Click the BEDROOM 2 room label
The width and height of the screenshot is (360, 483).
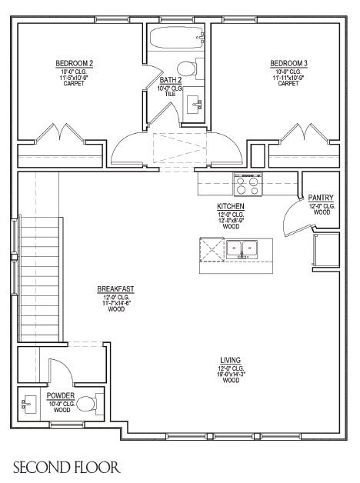click(x=74, y=64)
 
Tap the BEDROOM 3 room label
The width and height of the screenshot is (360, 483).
click(x=288, y=64)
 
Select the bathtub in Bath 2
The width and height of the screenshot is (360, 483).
click(x=177, y=37)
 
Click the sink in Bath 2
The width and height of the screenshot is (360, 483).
click(x=194, y=105)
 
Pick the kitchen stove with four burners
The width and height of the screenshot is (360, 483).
click(x=248, y=185)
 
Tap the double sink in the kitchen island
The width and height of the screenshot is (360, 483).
click(x=242, y=249)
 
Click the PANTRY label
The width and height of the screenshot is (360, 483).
click(x=321, y=198)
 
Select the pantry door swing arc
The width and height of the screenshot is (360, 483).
click(x=288, y=212)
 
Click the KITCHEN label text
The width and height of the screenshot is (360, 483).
click(x=231, y=206)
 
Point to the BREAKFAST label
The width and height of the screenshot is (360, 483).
click(x=115, y=289)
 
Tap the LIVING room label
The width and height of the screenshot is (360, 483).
click(x=230, y=360)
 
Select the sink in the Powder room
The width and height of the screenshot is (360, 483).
click(x=28, y=404)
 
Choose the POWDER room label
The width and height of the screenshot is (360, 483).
click(x=61, y=395)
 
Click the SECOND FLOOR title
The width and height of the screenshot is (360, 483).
click(x=66, y=468)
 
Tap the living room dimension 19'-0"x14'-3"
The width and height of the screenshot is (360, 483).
click(x=231, y=375)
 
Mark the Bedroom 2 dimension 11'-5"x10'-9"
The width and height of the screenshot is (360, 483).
click(x=74, y=78)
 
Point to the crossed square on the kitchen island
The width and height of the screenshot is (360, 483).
click(x=212, y=249)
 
